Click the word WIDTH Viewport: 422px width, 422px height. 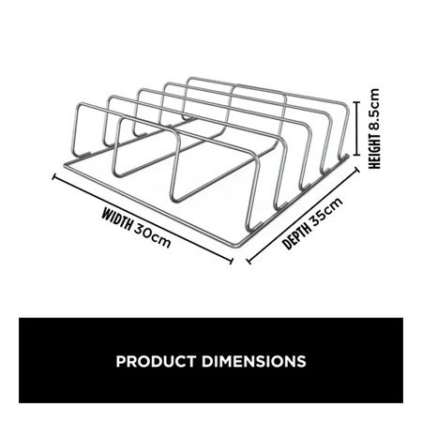[x=116, y=219]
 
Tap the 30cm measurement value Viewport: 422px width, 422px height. [x=153, y=235]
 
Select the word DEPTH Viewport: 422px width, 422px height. [x=297, y=235]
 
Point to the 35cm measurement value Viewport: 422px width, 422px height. [x=326, y=211]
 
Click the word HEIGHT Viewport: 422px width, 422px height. [x=374, y=151]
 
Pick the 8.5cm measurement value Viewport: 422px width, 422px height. [x=374, y=110]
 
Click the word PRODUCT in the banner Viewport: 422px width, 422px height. [x=156, y=361]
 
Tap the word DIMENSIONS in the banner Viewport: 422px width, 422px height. [x=253, y=361]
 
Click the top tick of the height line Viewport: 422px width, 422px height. [x=357, y=102]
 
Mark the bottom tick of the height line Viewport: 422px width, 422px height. [x=357, y=155]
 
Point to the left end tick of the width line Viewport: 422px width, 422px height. [x=53, y=176]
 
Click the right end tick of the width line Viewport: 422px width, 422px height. [x=232, y=261]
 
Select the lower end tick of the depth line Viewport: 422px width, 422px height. [x=249, y=261]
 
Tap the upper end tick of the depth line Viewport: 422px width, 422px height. [x=356, y=170]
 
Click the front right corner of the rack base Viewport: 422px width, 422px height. [x=237, y=244]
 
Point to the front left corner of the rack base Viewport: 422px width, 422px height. [x=66, y=165]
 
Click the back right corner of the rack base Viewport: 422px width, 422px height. [x=346, y=156]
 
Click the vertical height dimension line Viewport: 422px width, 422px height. [x=357, y=128]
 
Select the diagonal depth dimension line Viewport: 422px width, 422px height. [x=303, y=215]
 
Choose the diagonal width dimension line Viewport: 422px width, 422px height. [x=143, y=219]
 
